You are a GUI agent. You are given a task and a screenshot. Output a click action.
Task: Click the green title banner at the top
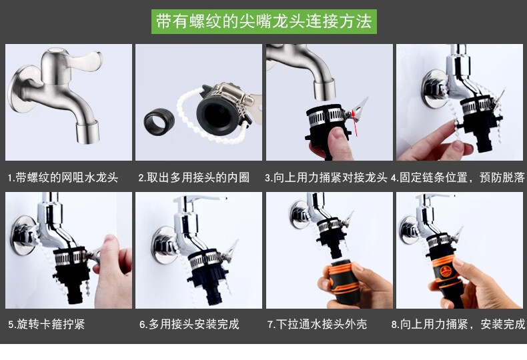[x=264, y=21]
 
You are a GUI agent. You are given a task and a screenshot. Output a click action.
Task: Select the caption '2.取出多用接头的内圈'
[x=194, y=177]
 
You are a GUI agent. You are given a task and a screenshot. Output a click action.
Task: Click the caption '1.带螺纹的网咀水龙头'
[x=63, y=177]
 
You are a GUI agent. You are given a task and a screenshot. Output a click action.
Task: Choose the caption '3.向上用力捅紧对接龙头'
[x=326, y=177]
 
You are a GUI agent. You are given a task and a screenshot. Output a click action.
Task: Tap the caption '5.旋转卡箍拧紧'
[x=47, y=324]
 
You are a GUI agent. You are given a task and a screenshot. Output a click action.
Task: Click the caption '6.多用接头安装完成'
[x=189, y=324]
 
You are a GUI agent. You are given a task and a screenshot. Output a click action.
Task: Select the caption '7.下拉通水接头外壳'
[x=318, y=324]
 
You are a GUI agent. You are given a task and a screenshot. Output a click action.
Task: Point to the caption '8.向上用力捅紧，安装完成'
[x=458, y=324]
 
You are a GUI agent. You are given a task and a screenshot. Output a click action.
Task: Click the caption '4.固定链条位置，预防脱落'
[x=458, y=177]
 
